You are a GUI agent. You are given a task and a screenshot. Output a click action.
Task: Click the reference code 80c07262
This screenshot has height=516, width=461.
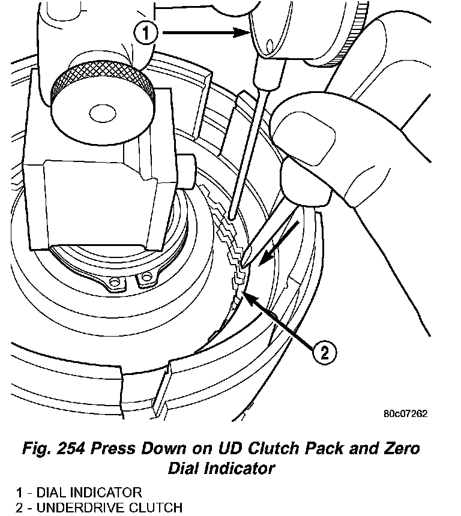click(x=405, y=413)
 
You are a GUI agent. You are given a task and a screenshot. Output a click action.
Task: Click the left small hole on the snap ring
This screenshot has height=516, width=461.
click(x=112, y=281)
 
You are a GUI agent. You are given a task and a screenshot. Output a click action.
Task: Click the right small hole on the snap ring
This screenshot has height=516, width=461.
click(x=145, y=277)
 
